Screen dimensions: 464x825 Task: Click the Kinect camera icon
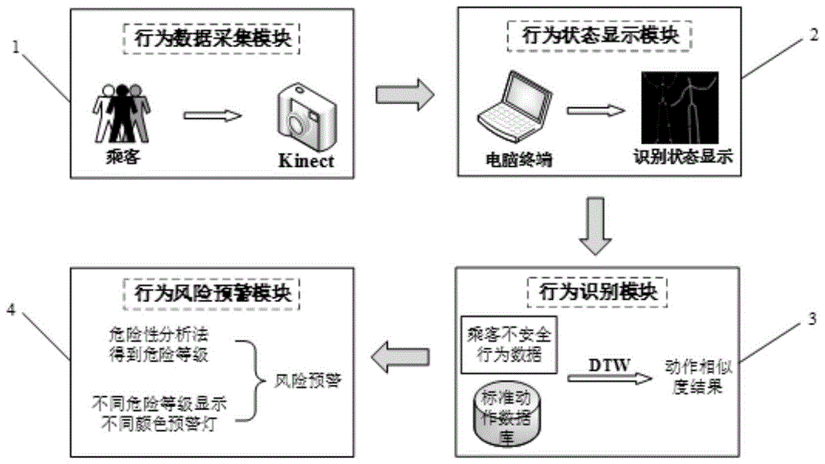point(304,116)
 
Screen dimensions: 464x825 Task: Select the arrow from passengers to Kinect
point(212,115)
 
